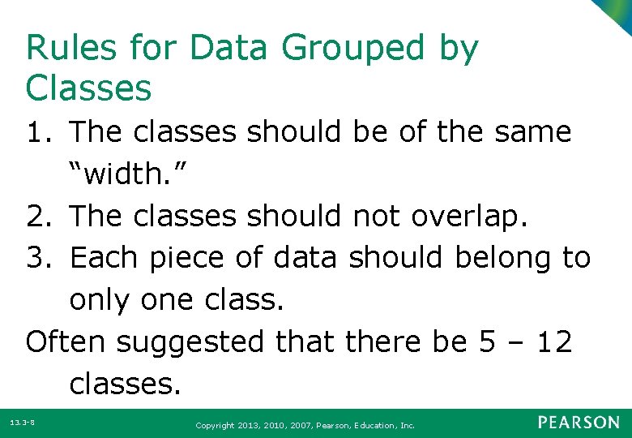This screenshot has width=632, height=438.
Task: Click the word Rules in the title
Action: (x=66, y=49)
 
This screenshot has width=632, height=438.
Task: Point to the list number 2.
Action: (x=37, y=216)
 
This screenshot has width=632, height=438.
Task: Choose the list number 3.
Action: (x=37, y=258)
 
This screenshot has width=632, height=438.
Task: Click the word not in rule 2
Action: (x=377, y=216)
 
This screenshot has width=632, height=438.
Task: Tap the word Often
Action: (x=66, y=341)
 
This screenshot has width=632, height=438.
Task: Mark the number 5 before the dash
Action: (x=488, y=341)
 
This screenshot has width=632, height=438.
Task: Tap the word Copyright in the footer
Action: (x=217, y=425)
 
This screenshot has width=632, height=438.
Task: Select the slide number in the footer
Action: (x=21, y=423)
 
